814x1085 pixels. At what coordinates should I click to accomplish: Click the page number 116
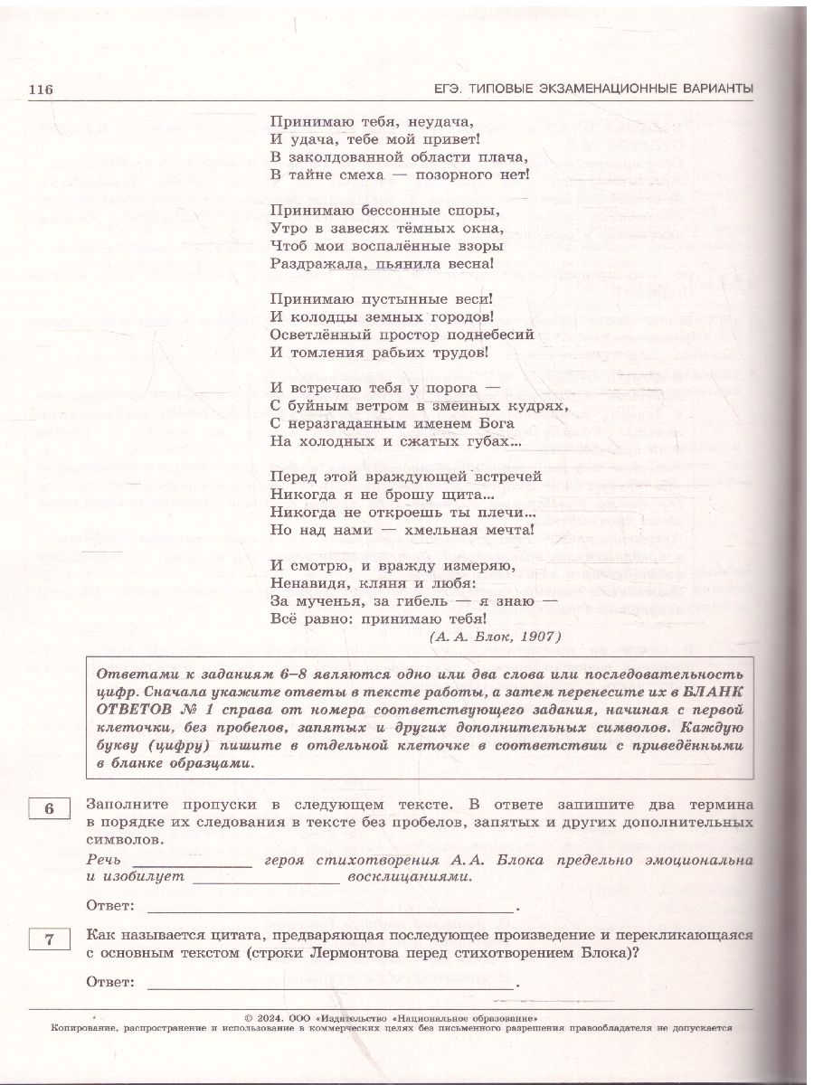pos(43,89)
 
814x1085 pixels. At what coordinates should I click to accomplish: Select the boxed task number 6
pos(50,808)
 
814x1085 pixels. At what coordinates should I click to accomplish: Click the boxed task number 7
pos(50,940)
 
